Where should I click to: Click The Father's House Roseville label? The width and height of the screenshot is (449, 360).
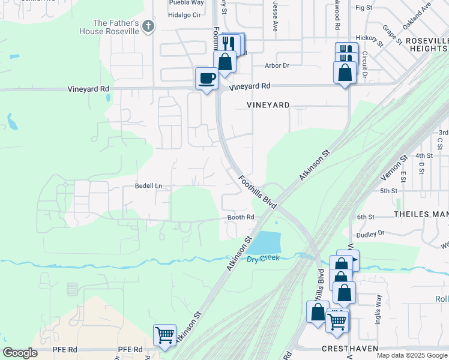116,27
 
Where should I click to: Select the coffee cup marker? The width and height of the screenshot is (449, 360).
207,78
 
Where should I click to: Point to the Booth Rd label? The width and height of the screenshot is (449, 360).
241,217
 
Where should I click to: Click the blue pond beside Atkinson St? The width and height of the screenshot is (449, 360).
264,242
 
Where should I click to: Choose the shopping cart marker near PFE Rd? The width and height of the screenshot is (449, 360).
164,335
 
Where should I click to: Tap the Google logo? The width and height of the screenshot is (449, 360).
20,353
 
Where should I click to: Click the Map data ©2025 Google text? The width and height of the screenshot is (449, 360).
412,355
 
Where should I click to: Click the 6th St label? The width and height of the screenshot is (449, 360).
366,217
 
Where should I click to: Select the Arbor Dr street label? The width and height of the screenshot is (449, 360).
277,65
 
